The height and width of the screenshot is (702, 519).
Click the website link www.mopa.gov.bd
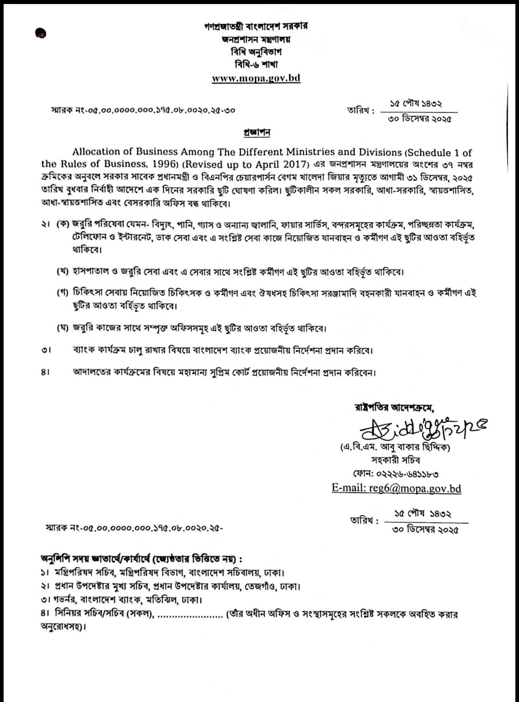256,78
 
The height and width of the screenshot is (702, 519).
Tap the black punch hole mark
41,34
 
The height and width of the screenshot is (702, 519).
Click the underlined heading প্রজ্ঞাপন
257,132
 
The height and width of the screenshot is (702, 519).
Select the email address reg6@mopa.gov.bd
396,488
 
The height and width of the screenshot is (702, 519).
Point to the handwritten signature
422,428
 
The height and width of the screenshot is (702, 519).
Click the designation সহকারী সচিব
395,460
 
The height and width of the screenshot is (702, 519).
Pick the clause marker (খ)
63,272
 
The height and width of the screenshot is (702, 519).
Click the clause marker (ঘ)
63,328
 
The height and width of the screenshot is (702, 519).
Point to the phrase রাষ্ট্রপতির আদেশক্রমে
394,408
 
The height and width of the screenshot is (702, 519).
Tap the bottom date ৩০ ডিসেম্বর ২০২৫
426,530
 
